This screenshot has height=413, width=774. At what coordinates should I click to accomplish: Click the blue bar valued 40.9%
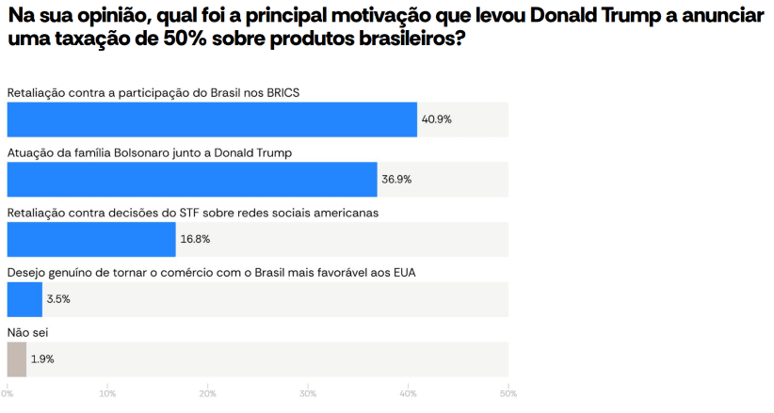[212, 119]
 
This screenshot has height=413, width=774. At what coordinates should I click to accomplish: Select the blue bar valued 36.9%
[192, 179]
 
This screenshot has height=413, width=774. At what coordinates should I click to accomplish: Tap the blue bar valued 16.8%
[91, 239]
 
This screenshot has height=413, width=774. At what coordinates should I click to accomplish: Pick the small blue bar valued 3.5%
[24, 299]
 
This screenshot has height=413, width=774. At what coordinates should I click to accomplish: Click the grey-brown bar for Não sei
[17, 359]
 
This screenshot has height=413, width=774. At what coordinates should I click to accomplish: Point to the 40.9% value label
[436, 119]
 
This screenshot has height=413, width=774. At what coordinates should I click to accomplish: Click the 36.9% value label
[396, 179]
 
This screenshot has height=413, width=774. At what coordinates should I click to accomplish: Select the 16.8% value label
[195, 239]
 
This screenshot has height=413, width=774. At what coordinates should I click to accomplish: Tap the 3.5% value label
[58, 299]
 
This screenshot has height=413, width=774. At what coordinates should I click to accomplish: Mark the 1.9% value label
[42, 359]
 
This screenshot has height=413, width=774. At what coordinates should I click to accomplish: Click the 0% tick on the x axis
[8, 392]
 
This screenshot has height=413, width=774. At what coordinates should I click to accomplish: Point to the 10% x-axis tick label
[107, 392]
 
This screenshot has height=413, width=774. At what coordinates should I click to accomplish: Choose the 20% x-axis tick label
[207, 392]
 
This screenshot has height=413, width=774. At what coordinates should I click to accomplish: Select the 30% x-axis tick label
[308, 392]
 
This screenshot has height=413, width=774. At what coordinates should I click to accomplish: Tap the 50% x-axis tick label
[508, 392]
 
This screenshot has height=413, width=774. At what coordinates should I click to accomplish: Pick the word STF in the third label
[191, 213]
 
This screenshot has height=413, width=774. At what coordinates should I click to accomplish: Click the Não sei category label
[27, 332]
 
